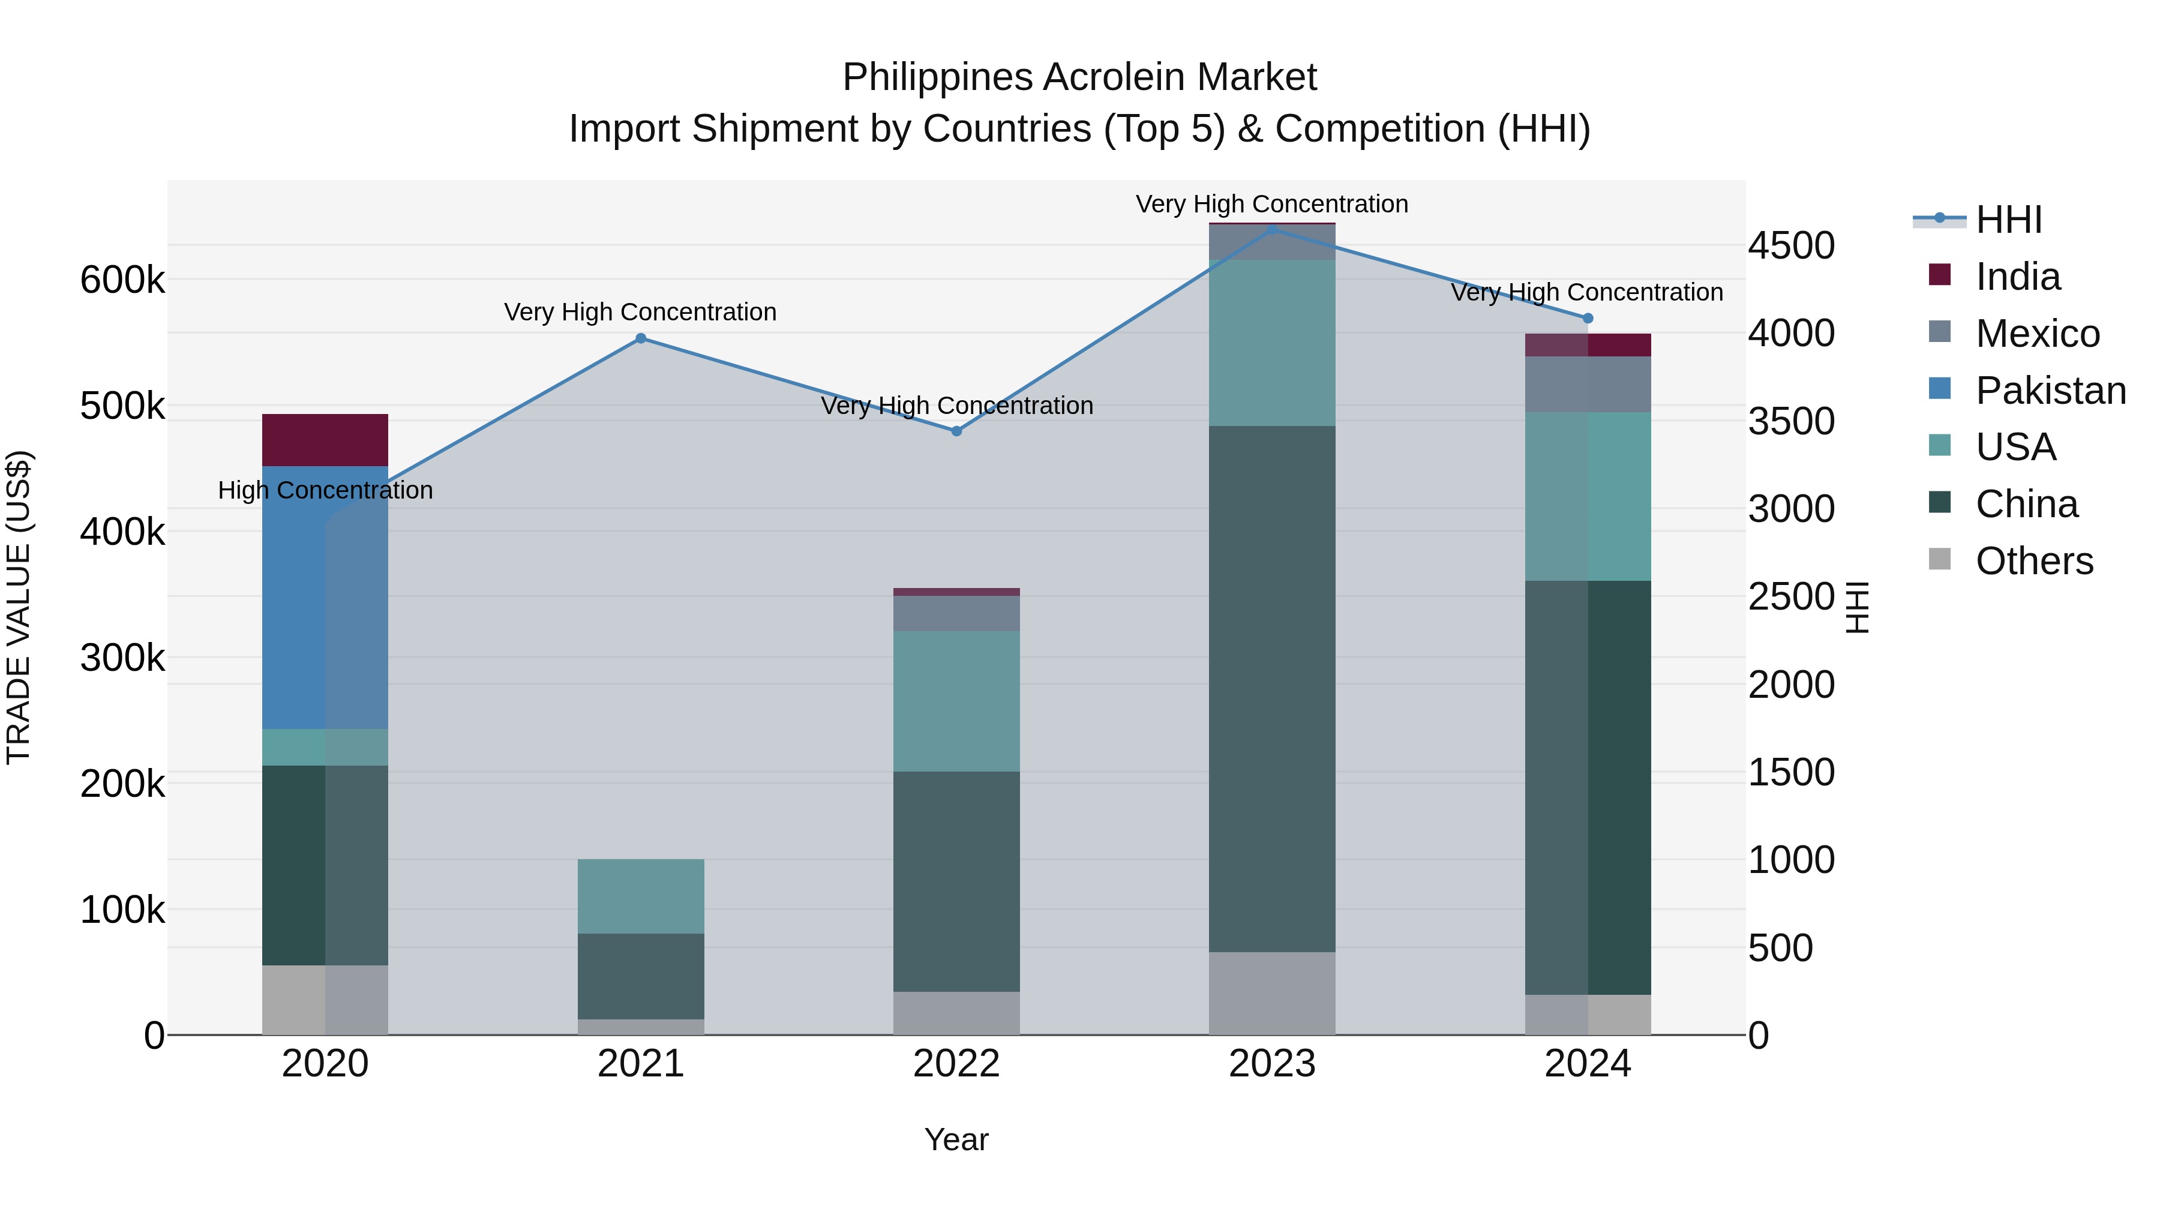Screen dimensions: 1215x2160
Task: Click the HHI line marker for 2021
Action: [641, 338]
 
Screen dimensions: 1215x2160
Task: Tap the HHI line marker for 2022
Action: [957, 431]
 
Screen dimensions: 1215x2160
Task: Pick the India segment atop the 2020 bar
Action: [325, 439]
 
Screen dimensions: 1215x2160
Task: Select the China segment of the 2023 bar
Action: [1272, 688]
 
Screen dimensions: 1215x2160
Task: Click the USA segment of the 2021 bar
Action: [641, 896]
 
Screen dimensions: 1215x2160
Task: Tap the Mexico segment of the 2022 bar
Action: [957, 613]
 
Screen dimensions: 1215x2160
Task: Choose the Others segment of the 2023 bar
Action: [1272, 993]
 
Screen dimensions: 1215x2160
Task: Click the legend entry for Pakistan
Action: [2050, 390]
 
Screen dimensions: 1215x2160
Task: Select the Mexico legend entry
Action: [2037, 334]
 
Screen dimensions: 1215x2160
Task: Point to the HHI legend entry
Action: [2008, 220]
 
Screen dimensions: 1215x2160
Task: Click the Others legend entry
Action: [2033, 561]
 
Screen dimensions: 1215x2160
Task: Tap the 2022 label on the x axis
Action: [957, 1064]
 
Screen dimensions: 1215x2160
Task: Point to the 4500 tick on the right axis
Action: [1791, 245]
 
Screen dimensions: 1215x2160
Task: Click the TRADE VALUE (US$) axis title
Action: [19, 607]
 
